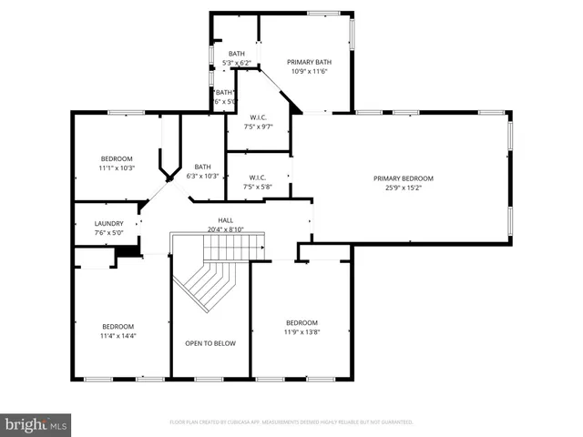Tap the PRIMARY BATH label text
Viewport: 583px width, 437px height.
[x=311, y=62]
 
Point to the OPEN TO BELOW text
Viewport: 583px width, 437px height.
[x=210, y=343]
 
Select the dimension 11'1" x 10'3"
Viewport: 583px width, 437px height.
[x=117, y=168]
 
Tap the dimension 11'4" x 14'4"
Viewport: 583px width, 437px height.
[x=119, y=335]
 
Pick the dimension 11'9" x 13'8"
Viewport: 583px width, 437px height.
[x=302, y=331]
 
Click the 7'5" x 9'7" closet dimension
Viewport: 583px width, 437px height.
[x=258, y=127]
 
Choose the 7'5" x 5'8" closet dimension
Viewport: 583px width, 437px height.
[x=258, y=187]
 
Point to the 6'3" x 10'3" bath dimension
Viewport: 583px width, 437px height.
[x=202, y=176]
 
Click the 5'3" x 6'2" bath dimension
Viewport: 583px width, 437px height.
[x=237, y=63]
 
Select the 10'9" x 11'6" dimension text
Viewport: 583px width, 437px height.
[x=311, y=71]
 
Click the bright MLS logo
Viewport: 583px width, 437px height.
[x=36, y=423]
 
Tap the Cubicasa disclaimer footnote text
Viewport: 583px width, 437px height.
[x=291, y=422]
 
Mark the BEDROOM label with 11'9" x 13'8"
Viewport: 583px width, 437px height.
[x=302, y=322]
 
